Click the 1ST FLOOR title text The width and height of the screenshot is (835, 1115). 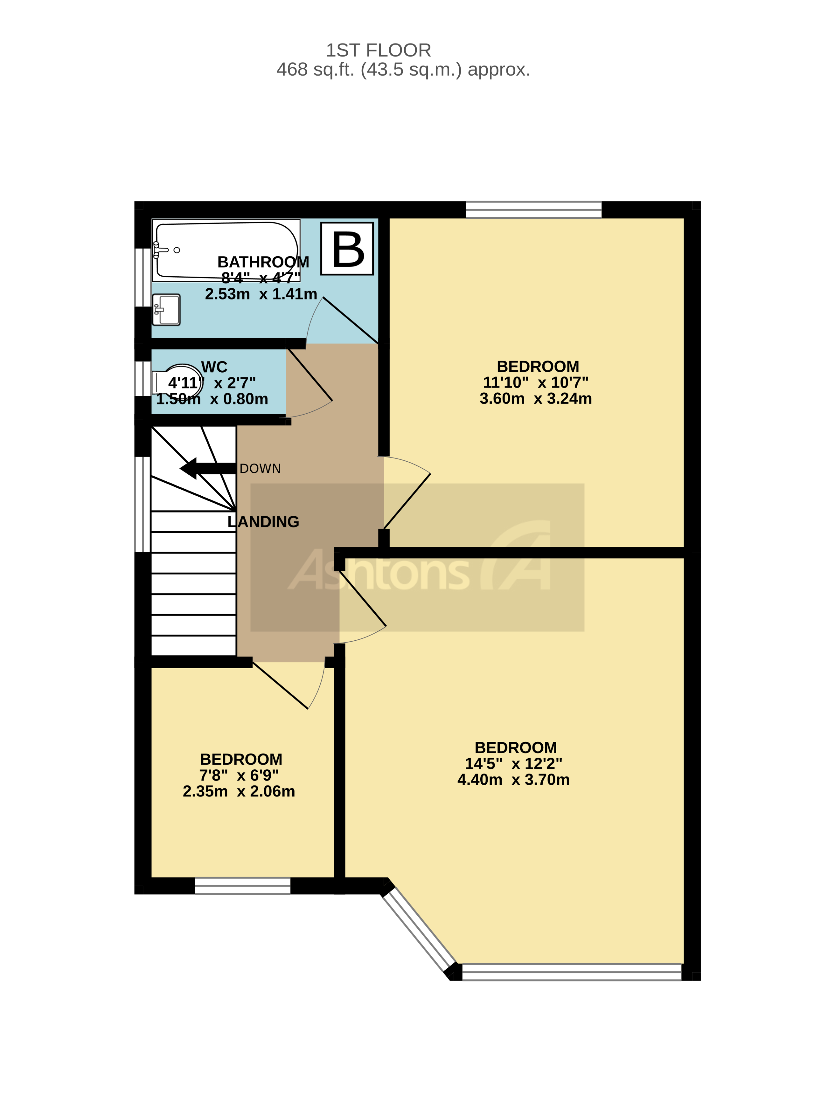click(x=378, y=51)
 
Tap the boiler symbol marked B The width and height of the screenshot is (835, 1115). click(x=347, y=249)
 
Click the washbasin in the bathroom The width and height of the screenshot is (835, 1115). click(x=166, y=309)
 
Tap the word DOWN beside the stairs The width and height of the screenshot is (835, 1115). click(x=260, y=469)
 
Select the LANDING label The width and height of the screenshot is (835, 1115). click(x=263, y=522)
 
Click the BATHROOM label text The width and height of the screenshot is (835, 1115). click(x=263, y=262)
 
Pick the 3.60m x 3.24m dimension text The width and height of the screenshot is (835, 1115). click(x=535, y=399)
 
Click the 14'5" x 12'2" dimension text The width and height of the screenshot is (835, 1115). click(x=513, y=764)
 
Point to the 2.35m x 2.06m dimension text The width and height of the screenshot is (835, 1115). click(x=239, y=791)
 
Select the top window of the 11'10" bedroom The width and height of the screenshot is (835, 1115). click(x=533, y=210)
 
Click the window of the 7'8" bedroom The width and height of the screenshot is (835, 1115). click(x=242, y=886)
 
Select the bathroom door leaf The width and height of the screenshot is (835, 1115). click(x=351, y=320)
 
